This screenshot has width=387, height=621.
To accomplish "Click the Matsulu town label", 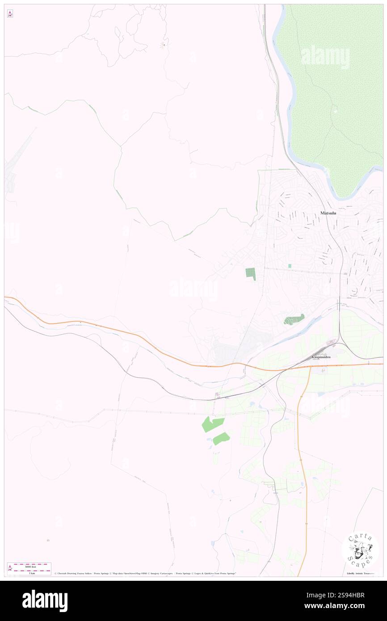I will point(328,213).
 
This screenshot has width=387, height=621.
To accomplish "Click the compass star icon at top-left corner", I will point(10,14).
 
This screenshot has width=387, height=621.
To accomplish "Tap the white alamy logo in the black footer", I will point(45,600).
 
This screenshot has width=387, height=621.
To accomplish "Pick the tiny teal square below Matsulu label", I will point(290,266).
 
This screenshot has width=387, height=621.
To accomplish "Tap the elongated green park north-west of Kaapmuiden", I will point(294,319).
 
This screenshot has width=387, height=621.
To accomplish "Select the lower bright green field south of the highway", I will point(221,439).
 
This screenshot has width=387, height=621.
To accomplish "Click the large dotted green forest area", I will point(331,98).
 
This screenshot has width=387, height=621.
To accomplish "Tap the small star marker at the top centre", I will point(164,45).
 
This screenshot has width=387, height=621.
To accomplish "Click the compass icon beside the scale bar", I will point(10,568).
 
